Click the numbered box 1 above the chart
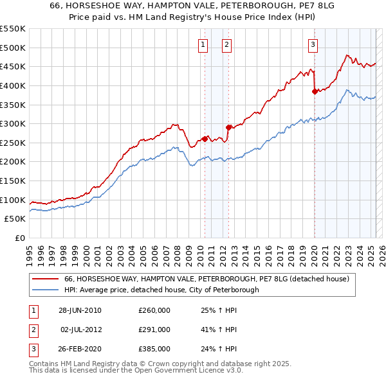(203, 44)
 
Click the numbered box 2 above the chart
(227, 44)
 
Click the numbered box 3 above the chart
(313, 44)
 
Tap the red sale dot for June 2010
(205, 138)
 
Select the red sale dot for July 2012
(228, 127)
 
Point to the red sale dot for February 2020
(315, 91)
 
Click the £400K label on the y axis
(13, 85)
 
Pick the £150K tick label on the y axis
(13, 181)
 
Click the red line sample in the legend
(46, 279)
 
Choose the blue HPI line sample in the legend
(46, 290)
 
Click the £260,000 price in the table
(154, 310)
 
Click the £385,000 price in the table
(154, 349)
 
